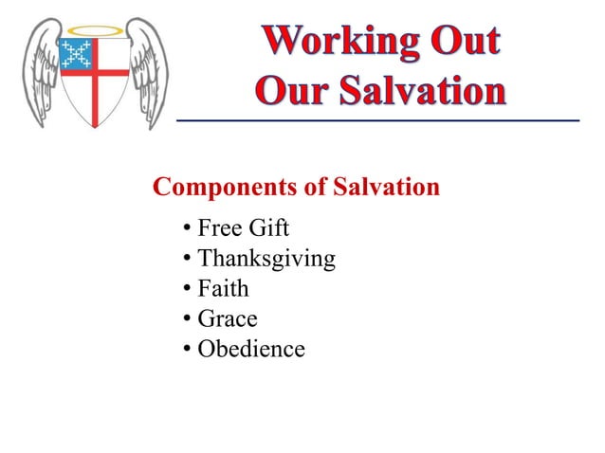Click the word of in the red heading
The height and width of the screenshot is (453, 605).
click(x=317, y=187)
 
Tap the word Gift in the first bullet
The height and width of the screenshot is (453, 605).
click(x=268, y=229)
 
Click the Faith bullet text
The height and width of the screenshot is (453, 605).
click(x=223, y=289)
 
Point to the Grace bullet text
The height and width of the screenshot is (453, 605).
click(x=228, y=319)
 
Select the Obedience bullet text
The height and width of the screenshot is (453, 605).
click(x=251, y=350)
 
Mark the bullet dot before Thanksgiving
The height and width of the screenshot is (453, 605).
click(x=188, y=259)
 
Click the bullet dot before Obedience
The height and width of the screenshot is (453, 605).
click(x=188, y=350)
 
